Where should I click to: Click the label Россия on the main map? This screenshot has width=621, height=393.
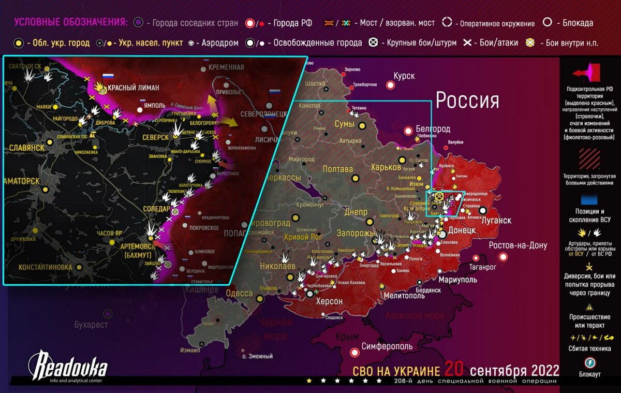(x=467, y=100)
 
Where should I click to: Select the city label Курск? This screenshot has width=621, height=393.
(x=404, y=76)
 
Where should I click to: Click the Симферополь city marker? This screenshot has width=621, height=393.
(x=354, y=353)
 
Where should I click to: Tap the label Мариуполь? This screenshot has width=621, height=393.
(x=457, y=280)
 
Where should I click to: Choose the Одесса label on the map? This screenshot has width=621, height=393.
(x=239, y=294)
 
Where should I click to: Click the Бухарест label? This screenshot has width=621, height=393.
(x=91, y=325)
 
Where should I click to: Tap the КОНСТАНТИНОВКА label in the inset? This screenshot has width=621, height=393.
(x=45, y=267)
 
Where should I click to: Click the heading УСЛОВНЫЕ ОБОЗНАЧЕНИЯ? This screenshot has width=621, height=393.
(x=70, y=22)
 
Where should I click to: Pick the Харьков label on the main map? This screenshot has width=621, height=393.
(x=386, y=167)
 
